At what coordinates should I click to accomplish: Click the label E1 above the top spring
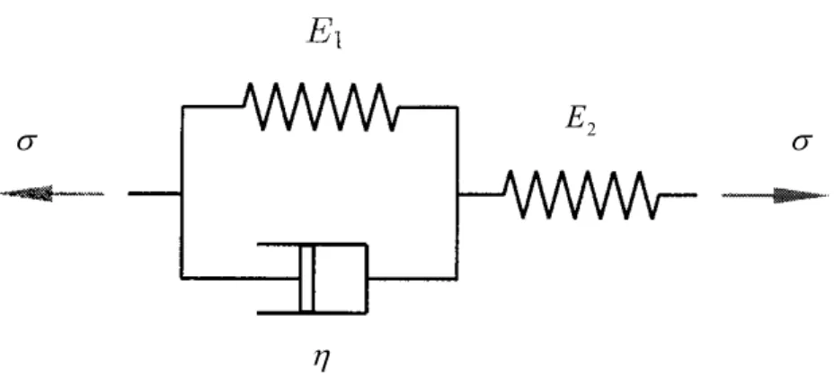(324, 33)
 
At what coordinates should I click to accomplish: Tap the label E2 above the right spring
(581, 121)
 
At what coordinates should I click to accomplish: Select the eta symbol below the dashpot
(322, 359)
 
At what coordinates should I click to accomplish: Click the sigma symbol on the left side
(27, 143)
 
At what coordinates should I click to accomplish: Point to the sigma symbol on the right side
(802, 142)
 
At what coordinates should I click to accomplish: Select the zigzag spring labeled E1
(321, 106)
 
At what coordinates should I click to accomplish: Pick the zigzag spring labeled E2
(581, 194)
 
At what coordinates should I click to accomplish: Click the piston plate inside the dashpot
(306, 278)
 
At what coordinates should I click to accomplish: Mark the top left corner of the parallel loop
(182, 107)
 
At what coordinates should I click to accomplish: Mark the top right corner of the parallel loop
(457, 107)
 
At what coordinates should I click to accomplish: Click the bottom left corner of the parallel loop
(182, 278)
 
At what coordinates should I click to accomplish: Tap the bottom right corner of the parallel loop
(457, 278)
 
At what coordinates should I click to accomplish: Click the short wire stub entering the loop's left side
(155, 193)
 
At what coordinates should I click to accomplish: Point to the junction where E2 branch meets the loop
(457, 194)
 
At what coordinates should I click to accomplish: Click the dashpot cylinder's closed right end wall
(367, 278)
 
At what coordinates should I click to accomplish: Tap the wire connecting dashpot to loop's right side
(413, 278)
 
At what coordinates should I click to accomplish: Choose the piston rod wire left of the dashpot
(241, 278)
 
